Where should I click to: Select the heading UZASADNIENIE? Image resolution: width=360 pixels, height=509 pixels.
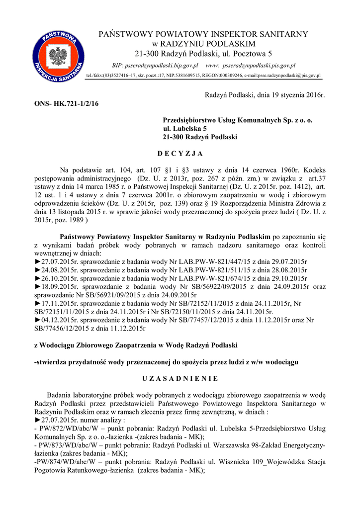click(x=180, y=379)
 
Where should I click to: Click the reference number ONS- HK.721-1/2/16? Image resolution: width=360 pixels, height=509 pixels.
click(x=66, y=103)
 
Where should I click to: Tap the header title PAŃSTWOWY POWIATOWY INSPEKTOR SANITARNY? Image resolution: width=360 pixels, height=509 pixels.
click(x=204, y=34)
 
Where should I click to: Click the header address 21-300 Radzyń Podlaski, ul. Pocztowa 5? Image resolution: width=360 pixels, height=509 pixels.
click(x=204, y=53)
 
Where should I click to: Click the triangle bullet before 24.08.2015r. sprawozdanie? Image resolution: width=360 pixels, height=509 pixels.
click(x=37, y=269)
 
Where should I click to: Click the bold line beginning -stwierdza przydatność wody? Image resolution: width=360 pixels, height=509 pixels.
click(x=166, y=362)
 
